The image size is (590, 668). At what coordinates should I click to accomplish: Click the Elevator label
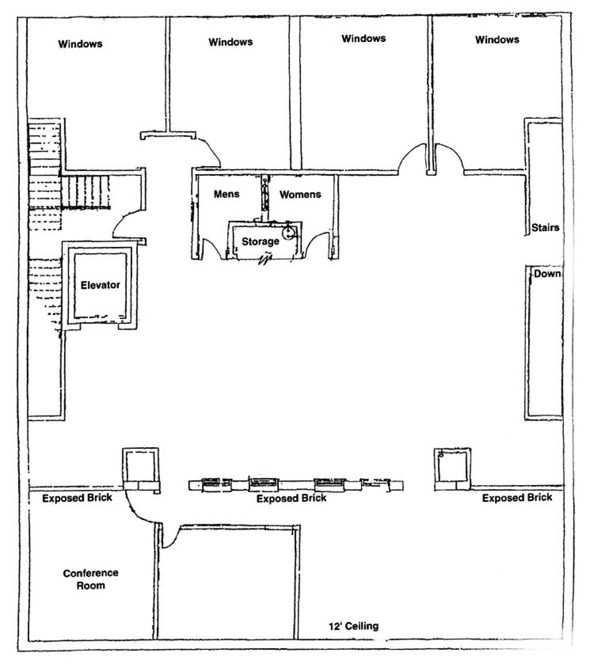click(x=100, y=285)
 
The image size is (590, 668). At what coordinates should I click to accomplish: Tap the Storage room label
click(x=260, y=241)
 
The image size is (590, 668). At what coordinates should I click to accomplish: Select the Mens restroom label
click(x=227, y=194)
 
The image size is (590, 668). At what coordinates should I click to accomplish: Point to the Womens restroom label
click(x=300, y=194)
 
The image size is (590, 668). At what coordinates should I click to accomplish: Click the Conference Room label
click(x=91, y=579)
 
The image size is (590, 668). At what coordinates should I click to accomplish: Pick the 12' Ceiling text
click(x=354, y=626)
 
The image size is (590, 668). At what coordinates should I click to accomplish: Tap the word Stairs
click(x=545, y=228)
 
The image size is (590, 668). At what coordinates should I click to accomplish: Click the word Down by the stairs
click(x=547, y=274)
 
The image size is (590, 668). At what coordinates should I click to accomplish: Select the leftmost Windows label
click(x=80, y=44)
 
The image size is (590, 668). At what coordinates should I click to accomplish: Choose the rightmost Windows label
click(x=497, y=39)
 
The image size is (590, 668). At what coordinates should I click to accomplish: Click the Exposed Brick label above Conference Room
click(x=77, y=498)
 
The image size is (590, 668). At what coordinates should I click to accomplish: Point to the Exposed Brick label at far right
click(x=517, y=498)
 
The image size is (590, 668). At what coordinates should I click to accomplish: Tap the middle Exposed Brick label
click(x=291, y=498)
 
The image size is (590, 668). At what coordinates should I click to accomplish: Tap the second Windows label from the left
click(x=231, y=42)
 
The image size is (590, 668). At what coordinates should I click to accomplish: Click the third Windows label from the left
click(x=364, y=38)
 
